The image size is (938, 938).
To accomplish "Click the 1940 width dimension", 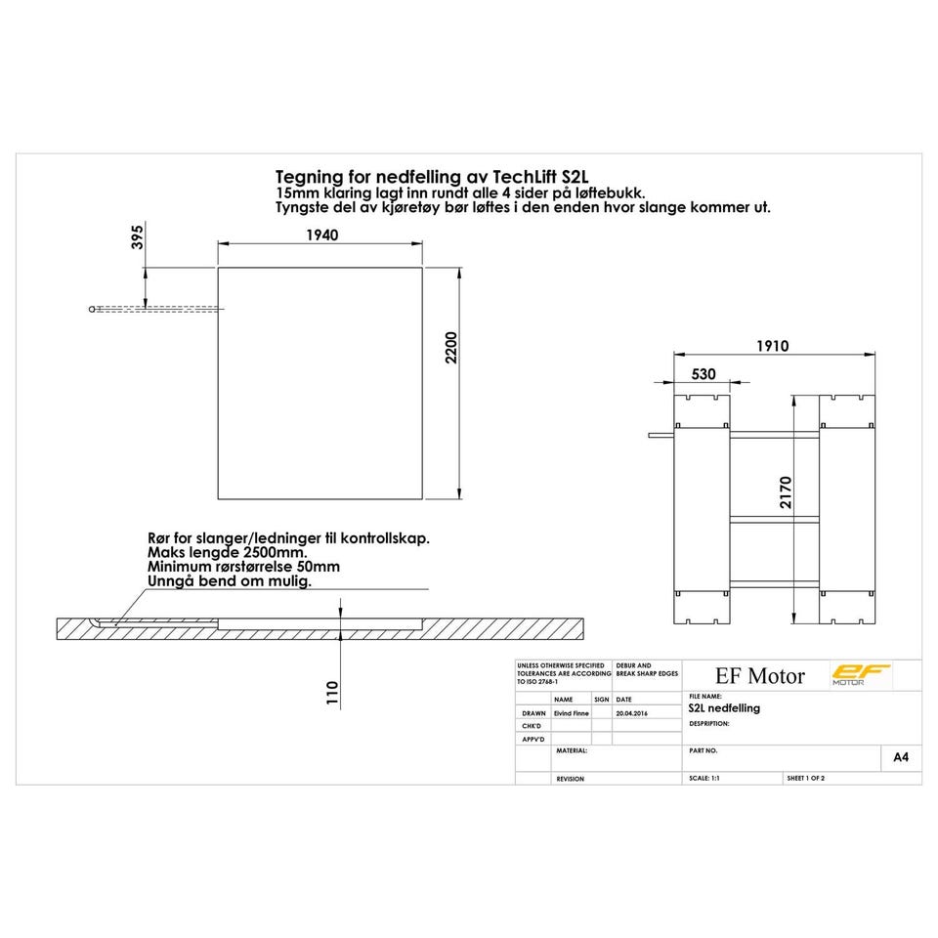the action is point(322,235).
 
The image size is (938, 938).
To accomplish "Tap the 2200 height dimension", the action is point(451,348).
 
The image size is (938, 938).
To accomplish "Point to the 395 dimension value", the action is point(138,236).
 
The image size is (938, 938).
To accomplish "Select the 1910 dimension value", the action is point(772,346).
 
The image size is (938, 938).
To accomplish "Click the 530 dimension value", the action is point(703,374).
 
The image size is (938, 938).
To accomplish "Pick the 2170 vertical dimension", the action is point(786,492).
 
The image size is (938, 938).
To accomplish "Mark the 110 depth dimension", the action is point(332,692).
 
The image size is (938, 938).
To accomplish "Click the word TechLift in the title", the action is point(525,177).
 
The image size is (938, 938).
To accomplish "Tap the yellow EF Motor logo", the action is point(861,675).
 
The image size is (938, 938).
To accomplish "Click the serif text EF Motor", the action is point(760,676).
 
